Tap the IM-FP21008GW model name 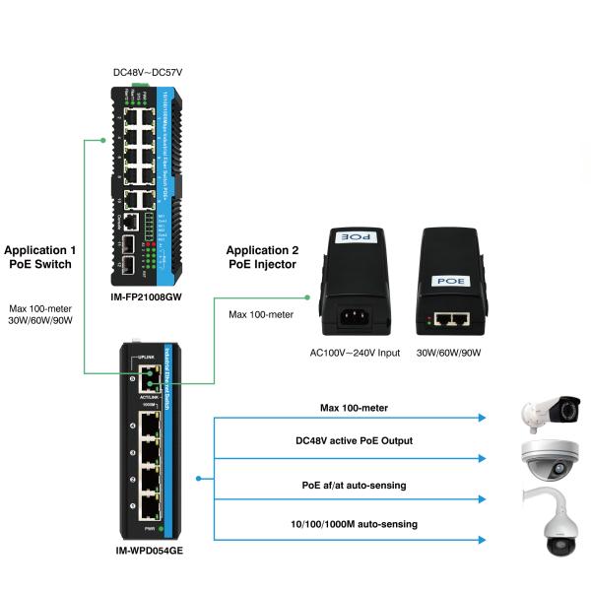[148, 295]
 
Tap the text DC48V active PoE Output [355, 440]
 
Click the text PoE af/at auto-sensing [355, 485]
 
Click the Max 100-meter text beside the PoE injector [261, 314]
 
